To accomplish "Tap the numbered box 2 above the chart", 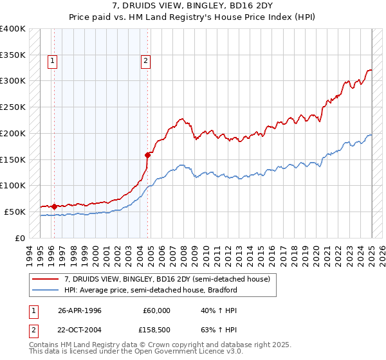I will pos(146,61).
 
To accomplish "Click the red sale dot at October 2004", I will pos(147,154).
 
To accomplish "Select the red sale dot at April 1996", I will pos(54,206).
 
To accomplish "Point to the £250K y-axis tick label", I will pos(13,107).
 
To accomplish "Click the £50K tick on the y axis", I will pos(15,212).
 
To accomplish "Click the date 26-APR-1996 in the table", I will pos(80,310).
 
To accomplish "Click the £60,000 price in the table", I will pos(157,310).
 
